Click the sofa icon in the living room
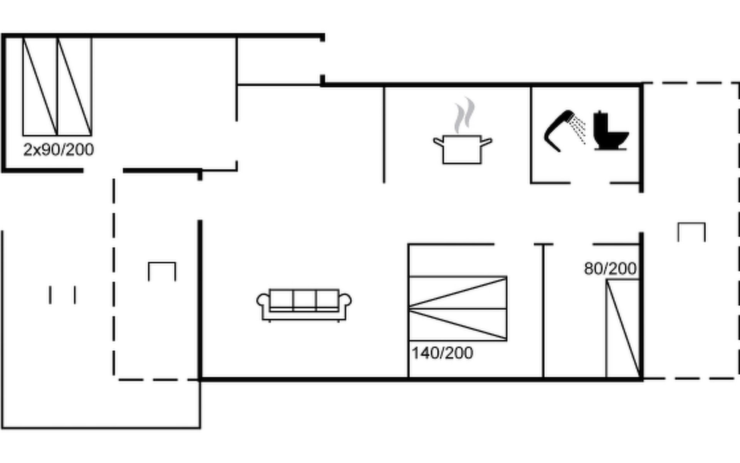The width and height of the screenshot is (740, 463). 304,305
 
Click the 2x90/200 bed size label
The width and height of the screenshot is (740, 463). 59,150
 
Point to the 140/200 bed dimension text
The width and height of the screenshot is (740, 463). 442,353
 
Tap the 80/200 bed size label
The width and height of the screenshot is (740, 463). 610,269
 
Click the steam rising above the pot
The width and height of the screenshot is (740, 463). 464,115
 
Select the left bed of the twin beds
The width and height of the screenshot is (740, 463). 40,86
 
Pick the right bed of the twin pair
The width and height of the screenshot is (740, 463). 75,86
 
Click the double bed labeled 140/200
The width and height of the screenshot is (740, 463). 458,309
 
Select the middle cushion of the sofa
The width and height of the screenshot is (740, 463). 304,299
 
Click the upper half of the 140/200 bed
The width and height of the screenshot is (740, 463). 458,292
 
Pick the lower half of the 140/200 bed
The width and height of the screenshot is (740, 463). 458,325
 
